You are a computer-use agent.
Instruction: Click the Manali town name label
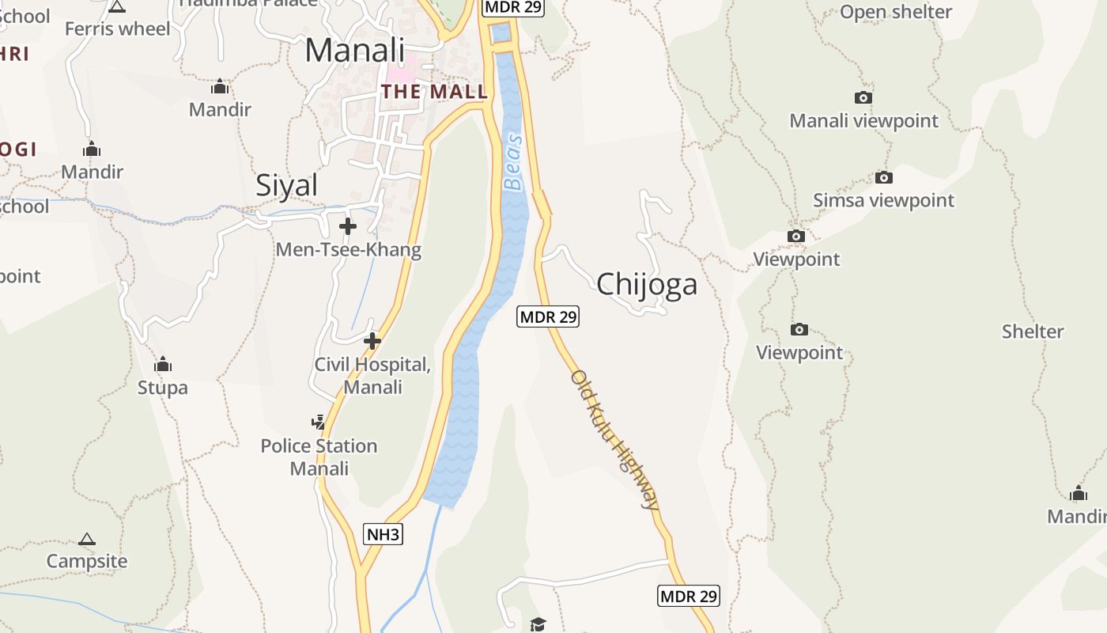354,51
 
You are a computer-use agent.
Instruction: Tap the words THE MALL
434,92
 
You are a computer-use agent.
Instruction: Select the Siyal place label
286,185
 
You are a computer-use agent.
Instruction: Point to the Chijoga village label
647,284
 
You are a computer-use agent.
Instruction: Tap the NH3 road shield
383,534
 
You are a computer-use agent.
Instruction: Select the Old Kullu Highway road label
614,439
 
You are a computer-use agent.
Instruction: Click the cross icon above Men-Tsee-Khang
347,227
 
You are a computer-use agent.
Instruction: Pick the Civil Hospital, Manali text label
372,376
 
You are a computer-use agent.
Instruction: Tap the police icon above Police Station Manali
318,422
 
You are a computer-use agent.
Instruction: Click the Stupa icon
163,364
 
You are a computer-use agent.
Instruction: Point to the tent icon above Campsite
87,540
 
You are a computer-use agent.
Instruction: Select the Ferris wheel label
117,29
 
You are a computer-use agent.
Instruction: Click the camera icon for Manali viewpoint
863,97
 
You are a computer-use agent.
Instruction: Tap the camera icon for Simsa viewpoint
883,177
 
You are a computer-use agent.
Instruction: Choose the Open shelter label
896,12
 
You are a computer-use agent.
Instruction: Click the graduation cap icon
538,624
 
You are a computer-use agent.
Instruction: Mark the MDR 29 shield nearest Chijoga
548,316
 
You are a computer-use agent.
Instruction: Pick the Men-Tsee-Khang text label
348,250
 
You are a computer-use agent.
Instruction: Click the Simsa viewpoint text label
883,200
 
